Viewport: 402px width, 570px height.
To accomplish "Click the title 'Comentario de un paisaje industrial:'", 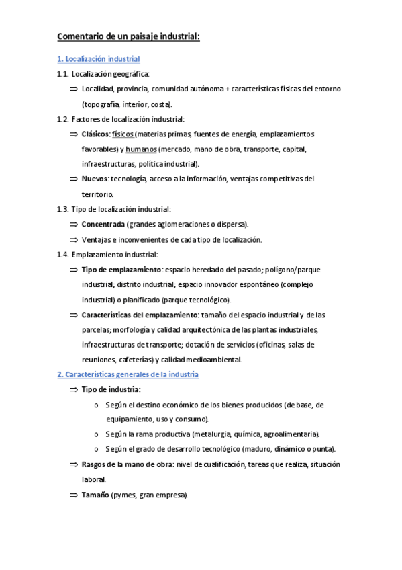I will (128, 36).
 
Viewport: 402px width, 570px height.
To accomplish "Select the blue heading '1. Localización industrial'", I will (98, 59).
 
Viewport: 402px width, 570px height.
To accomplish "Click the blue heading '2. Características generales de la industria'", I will (128, 374).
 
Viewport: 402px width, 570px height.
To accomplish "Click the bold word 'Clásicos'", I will (95, 134).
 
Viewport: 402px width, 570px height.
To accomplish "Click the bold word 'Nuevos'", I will (95, 179).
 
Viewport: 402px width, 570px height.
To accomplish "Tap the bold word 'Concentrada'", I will (103, 224).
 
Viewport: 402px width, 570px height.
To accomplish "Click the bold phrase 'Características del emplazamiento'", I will (139, 315).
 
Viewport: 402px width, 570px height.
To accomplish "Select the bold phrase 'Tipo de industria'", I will (111, 389).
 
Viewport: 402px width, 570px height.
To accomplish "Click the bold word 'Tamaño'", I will (95, 495).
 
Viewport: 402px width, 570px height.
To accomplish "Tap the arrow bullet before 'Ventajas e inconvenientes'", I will (73, 239).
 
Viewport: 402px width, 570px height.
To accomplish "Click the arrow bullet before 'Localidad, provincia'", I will (73, 89).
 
